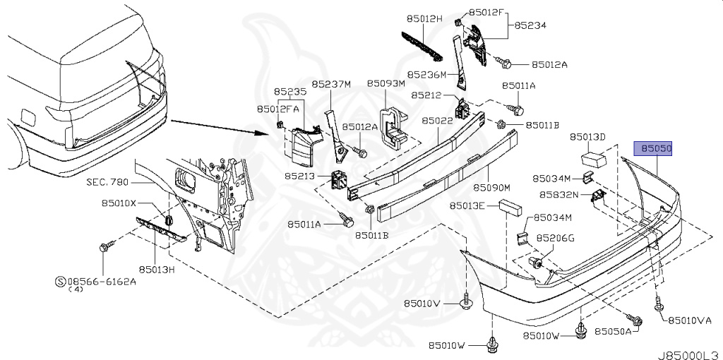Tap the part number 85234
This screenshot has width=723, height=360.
(x=530, y=25)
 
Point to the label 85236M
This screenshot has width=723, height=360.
(x=426, y=73)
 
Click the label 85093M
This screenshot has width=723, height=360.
(x=386, y=83)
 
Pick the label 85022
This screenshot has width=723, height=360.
(x=437, y=121)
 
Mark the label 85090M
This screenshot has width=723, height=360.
(x=491, y=188)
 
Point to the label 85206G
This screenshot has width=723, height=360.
(x=555, y=238)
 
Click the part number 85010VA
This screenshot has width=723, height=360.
(x=690, y=320)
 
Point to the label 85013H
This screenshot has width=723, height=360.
(x=156, y=269)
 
